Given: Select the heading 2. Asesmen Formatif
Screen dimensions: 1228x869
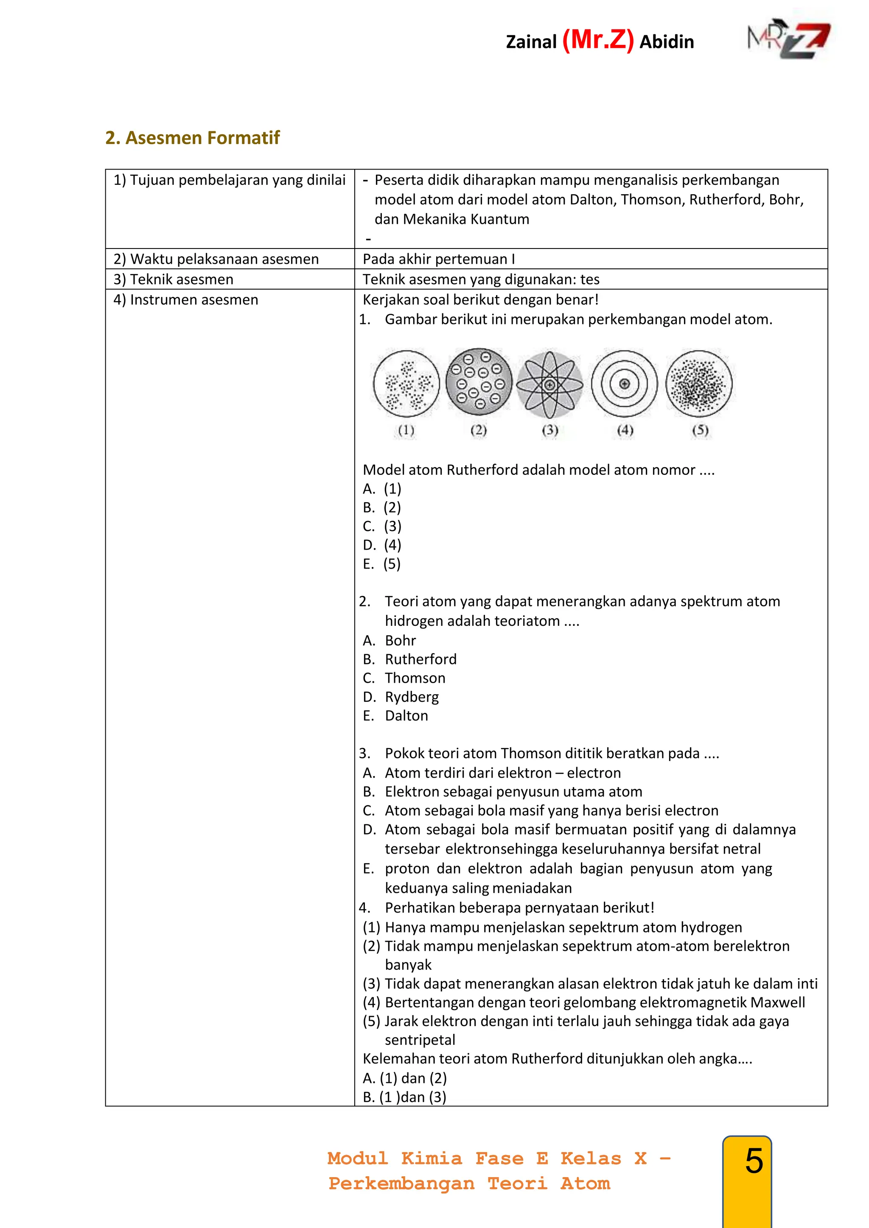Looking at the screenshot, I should [x=193, y=138].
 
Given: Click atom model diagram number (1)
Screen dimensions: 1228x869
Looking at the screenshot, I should [x=406, y=383].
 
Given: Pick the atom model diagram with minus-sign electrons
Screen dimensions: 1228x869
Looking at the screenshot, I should [x=479, y=381].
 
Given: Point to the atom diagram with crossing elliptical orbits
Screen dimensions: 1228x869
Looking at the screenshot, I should [x=549, y=385].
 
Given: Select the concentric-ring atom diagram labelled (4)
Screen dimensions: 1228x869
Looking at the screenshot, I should [x=625, y=383].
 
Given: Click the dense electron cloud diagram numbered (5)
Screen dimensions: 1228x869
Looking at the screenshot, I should [x=699, y=383].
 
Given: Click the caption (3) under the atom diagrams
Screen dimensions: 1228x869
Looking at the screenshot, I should [x=550, y=430].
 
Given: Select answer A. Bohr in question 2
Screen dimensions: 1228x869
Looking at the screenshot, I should [x=390, y=640].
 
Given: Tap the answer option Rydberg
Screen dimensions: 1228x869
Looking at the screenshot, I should [x=412, y=697].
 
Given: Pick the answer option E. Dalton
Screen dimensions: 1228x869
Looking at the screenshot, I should [x=396, y=716].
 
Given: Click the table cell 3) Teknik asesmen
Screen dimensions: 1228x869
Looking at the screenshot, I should [x=174, y=279].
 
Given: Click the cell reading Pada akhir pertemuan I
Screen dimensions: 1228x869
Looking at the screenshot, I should [x=439, y=259].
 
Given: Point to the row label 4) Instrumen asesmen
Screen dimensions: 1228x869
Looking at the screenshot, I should [x=186, y=299].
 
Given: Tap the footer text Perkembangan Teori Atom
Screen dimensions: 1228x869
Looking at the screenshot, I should [x=469, y=1183].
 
